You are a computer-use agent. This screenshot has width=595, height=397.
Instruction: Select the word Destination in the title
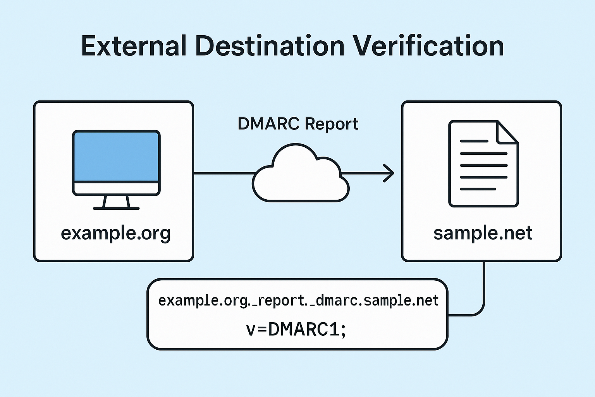point(270,46)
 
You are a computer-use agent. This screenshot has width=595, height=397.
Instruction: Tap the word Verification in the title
point(428,46)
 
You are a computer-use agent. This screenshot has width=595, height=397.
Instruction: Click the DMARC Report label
point(297,124)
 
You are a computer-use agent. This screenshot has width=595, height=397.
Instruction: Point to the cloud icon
point(301,176)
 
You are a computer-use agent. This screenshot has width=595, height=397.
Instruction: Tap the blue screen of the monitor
point(116,156)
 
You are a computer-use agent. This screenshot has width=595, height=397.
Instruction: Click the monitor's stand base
point(116,208)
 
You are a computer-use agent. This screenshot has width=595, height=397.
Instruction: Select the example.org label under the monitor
point(115,233)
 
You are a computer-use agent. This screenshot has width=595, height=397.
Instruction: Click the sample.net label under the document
point(483,233)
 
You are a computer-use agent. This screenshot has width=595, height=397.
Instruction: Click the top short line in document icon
point(474,142)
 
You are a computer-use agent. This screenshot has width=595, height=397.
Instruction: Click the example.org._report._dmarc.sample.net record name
point(298,301)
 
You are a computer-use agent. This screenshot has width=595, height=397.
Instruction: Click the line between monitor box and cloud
point(224,173)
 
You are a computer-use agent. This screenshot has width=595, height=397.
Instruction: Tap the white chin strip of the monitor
point(116,188)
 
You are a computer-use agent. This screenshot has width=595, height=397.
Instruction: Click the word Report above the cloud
point(331,124)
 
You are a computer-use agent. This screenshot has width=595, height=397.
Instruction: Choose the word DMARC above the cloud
point(268,124)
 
